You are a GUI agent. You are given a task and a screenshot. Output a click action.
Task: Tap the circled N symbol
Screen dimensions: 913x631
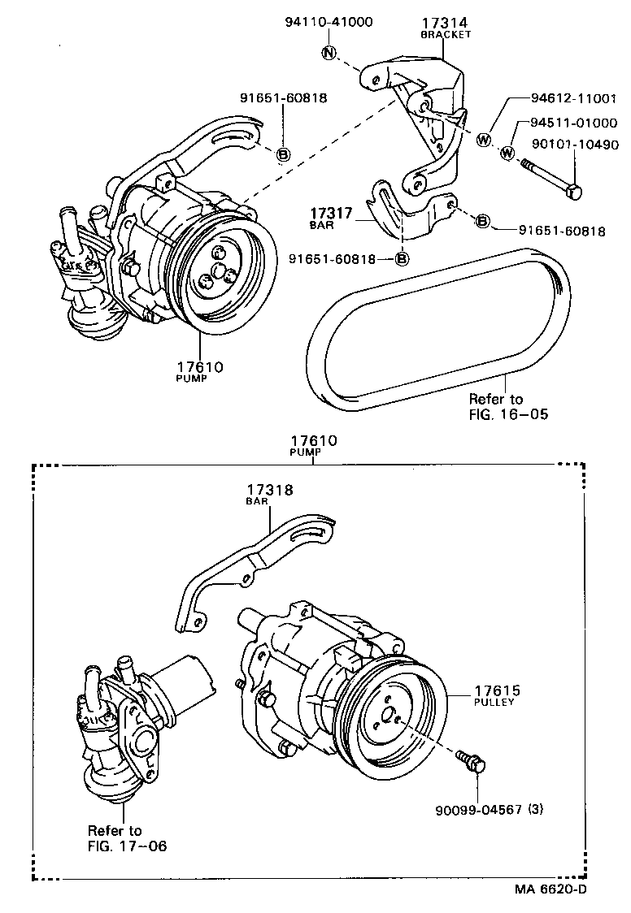point(329,54)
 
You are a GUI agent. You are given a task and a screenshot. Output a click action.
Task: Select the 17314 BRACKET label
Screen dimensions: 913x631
point(445,28)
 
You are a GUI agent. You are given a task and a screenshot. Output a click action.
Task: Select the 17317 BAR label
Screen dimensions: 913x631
point(330,217)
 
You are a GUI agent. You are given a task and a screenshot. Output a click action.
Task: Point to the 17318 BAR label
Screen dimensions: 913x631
point(270,494)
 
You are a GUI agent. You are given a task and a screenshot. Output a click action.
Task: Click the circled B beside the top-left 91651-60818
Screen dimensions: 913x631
point(283,154)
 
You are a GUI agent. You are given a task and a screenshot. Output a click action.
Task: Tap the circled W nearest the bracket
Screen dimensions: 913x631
point(484,141)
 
